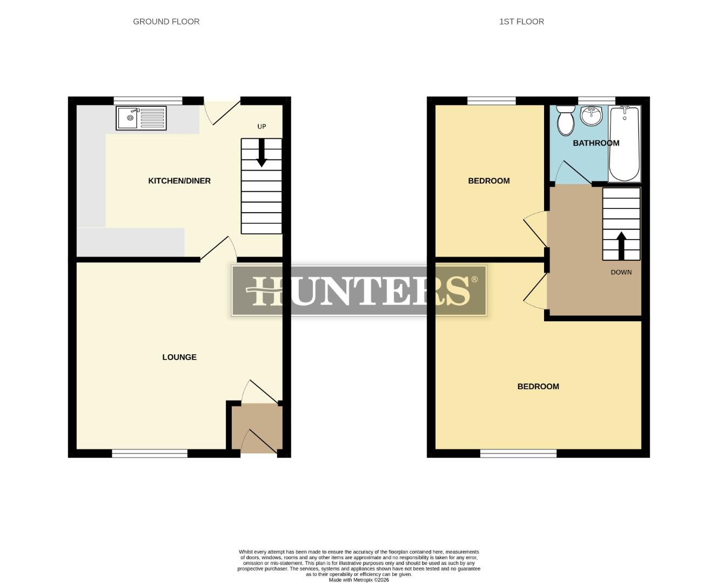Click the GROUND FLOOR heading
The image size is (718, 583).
(166, 22)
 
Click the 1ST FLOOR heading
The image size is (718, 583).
(521, 22)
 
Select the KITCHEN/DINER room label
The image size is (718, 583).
(179, 181)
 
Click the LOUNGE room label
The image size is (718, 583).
(179, 357)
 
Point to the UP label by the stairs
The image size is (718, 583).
(261, 126)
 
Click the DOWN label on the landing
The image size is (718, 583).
(621, 272)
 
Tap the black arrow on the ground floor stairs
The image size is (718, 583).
(261, 153)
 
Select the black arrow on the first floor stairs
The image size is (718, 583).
(621, 246)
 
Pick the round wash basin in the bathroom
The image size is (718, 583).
(591, 115)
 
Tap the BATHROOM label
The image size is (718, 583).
(596, 143)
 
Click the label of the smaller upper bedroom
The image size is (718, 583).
(489, 181)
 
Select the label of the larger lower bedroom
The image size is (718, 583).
(538, 387)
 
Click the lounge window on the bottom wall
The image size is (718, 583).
(150, 453)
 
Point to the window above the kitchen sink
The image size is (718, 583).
(148, 100)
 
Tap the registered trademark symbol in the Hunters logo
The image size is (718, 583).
(474, 280)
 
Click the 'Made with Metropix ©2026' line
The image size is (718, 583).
(359, 580)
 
